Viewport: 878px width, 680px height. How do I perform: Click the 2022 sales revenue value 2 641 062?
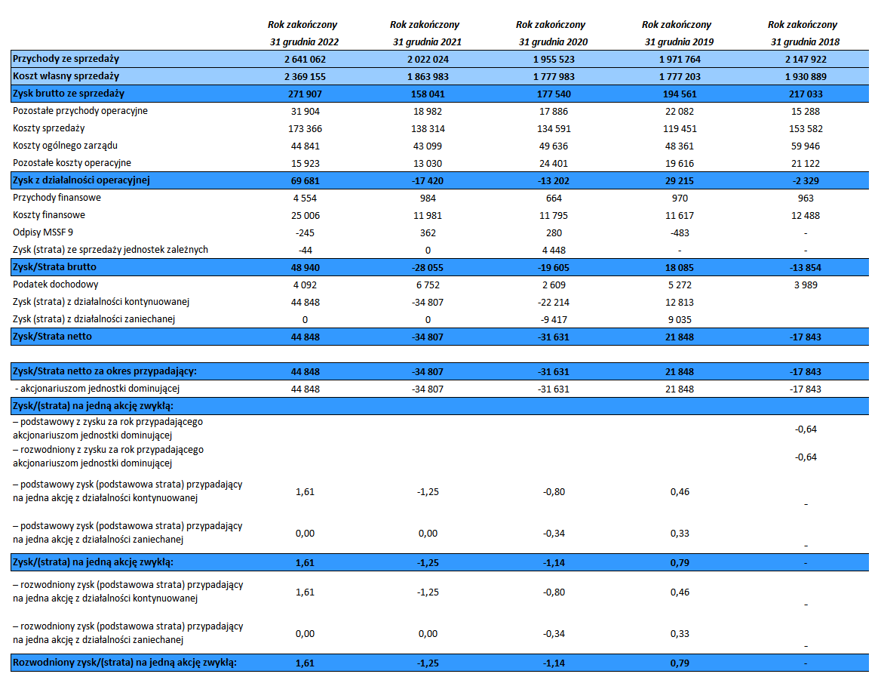(305, 60)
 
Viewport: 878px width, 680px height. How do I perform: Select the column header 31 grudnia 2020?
(553, 42)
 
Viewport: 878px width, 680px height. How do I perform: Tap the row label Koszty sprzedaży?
(49, 128)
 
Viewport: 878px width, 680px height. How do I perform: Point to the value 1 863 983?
(428, 77)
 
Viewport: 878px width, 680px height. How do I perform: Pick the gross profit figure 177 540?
(554, 94)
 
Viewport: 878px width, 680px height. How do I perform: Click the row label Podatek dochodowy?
(55, 285)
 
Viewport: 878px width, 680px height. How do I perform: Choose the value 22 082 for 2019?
(679, 112)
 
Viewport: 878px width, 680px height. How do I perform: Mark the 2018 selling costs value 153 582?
(805, 129)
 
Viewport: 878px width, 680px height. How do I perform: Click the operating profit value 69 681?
(305, 181)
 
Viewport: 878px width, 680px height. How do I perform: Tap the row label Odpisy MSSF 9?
(42, 232)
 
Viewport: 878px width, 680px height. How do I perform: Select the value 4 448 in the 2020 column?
(554, 251)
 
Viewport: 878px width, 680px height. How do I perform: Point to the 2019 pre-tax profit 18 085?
(679, 268)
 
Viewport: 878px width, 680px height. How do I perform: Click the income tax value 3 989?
(805, 285)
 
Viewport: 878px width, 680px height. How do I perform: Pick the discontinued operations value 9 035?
(679, 320)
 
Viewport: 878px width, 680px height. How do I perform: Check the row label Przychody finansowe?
(57, 198)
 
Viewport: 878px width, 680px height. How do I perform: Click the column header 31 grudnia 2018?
(805, 42)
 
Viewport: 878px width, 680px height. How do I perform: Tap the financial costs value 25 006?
(305, 216)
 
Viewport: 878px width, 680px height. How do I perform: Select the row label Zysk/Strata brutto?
(54, 267)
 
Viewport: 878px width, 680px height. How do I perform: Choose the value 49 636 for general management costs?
(554, 146)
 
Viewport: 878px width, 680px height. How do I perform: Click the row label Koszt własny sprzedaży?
(66, 76)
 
